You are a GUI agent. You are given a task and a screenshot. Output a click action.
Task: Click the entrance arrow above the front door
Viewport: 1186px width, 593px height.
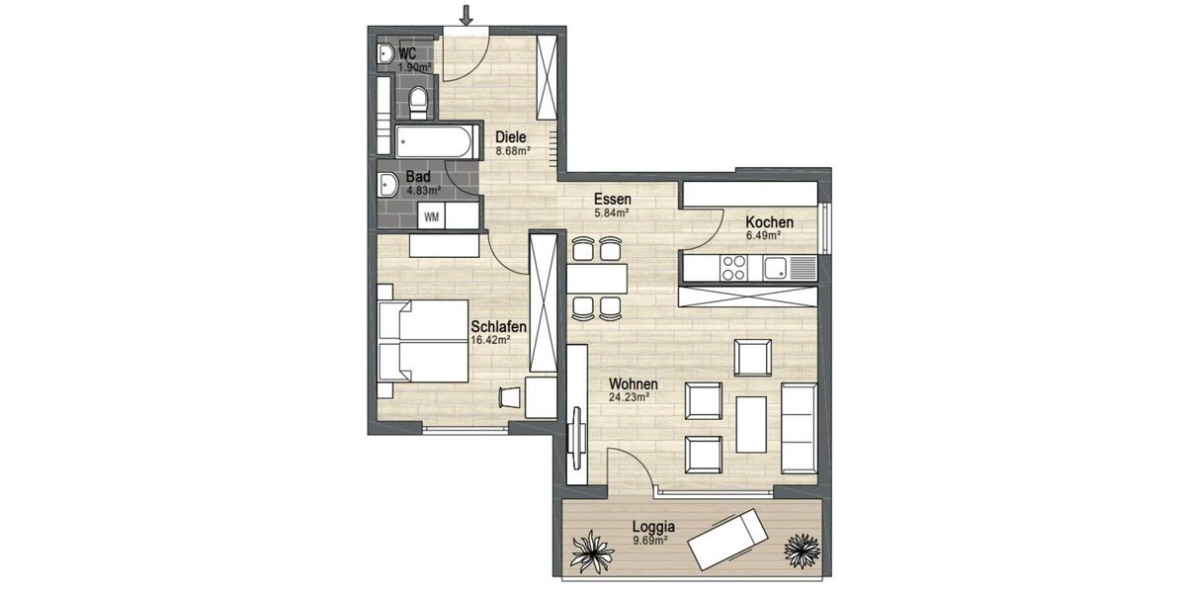[466, 14]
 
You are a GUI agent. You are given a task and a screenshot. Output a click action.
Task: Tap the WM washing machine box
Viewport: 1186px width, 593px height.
[432, 215]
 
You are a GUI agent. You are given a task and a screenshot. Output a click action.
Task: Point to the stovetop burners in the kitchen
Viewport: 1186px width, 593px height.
[734, 266]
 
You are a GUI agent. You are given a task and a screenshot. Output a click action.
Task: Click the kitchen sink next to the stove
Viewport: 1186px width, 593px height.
[776, 266]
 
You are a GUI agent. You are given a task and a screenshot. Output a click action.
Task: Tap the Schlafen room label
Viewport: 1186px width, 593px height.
[498, 327]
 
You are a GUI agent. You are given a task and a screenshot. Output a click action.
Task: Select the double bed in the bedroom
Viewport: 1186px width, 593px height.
[422, 342]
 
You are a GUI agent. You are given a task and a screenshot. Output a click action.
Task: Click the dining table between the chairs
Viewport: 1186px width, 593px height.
[596, 279]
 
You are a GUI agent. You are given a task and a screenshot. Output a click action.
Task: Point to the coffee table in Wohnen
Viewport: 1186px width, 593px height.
[752, 422]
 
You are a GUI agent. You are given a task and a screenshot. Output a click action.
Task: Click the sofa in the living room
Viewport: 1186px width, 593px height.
[799, 426]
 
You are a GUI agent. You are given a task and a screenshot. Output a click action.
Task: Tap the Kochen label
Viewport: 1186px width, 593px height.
[770, 222]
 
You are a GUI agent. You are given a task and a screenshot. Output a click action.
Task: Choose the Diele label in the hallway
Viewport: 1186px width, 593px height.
[511, 137]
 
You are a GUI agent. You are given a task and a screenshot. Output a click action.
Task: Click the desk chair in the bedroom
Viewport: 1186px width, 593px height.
[509, 395]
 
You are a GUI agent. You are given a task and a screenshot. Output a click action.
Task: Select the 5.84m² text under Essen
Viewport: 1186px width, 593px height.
[612, 212]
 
